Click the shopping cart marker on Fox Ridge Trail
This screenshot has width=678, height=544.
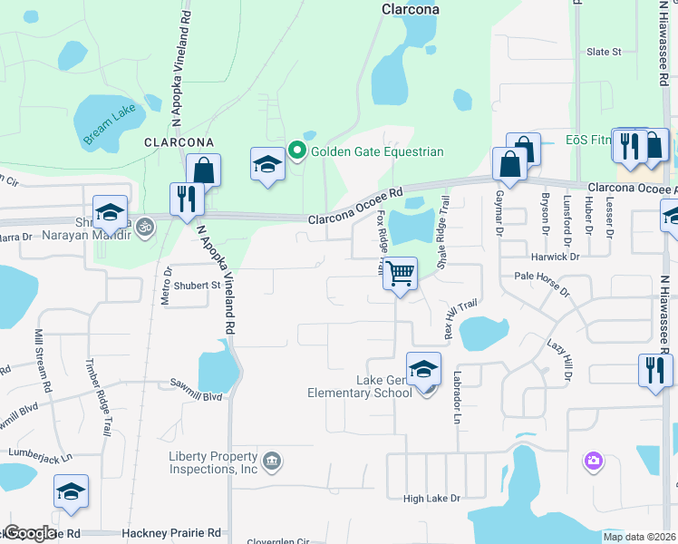[400, 272]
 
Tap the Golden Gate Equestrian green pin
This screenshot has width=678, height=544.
[296, 151]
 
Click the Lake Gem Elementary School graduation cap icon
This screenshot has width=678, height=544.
[423, 369]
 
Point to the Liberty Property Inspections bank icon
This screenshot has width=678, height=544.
[272, 462]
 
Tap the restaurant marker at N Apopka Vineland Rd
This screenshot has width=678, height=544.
[187, 199]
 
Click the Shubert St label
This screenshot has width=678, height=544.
[203, 286]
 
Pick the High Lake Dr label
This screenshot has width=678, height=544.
[431, 499]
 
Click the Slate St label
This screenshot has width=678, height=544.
[604, 52]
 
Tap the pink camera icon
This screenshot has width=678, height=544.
[594, 461]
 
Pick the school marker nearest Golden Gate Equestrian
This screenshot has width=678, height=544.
[267, 164]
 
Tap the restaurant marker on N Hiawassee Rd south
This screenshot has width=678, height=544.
[655, 370]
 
